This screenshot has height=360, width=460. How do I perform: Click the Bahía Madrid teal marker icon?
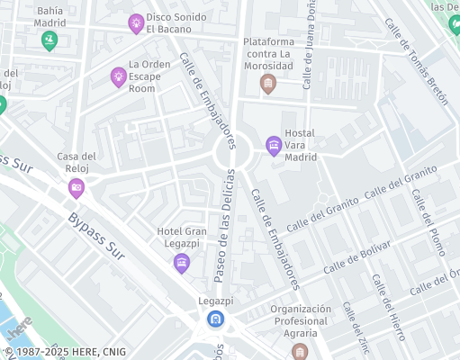[49, 40]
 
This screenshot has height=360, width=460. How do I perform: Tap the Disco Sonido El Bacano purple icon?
[136, 23]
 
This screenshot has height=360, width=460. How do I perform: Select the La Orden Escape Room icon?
[118, 77]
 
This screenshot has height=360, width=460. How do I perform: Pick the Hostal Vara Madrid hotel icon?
[274, 145]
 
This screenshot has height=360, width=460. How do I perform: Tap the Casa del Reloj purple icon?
[77, 188]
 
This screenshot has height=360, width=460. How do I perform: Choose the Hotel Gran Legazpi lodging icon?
[182, 263]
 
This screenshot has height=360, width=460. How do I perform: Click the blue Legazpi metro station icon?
[215, 319]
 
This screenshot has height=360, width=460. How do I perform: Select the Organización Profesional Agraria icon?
[300, 350]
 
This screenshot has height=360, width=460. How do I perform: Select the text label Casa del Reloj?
[77, 162]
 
